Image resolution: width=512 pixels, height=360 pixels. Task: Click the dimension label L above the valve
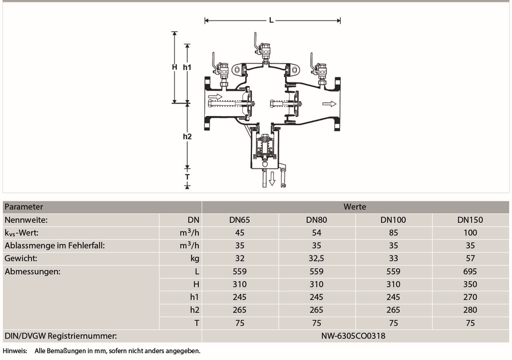(271, 20)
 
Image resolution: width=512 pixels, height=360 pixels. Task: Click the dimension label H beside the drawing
(175, 67)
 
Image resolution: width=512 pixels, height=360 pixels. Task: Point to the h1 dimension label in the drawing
(187, 67)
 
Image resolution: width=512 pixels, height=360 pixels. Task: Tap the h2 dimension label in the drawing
(187, 136)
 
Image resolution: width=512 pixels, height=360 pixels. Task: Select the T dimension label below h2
(187, 177)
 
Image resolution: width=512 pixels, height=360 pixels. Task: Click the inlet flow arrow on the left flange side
(215, 97)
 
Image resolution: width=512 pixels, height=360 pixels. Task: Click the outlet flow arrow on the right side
(329, 104)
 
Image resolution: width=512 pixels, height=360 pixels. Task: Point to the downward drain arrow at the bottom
(272, 178)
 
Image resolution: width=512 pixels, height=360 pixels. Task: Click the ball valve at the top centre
(263, 49)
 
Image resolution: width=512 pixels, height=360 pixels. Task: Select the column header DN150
(470, 220)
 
